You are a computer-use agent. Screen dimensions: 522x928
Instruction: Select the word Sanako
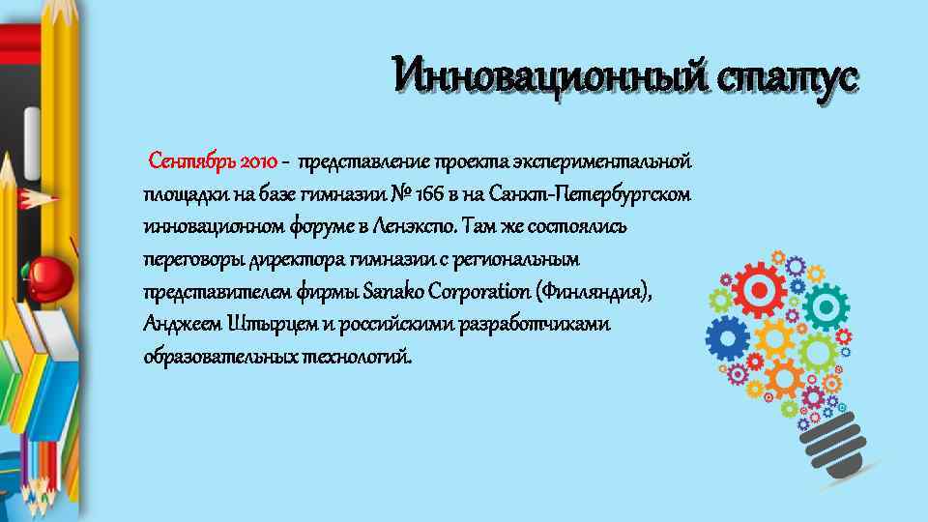click(x=389, y=291)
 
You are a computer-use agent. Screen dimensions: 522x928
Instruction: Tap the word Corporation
click(x=477, y=291)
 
